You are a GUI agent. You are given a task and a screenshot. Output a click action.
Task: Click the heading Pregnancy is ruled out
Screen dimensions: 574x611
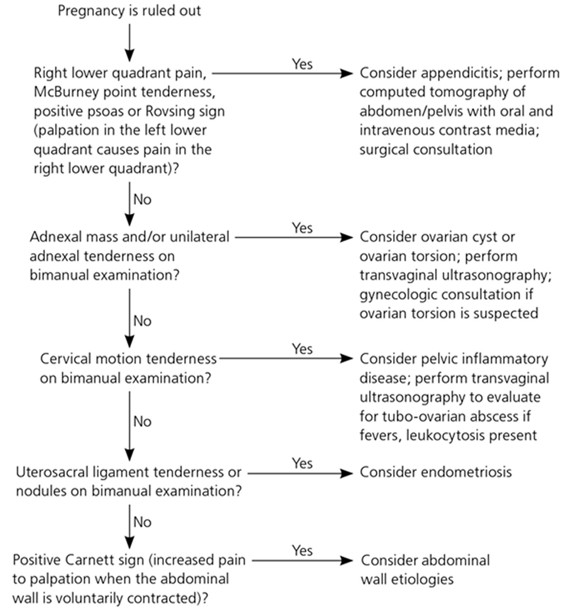[x=129, y=11]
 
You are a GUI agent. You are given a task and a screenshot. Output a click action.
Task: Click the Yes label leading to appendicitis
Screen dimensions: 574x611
[x=302, y=64]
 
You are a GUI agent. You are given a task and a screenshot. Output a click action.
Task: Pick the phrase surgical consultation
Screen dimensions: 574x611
[x=426, y=149]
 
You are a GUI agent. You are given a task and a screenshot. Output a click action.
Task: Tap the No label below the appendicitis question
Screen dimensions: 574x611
[x=142, y=200]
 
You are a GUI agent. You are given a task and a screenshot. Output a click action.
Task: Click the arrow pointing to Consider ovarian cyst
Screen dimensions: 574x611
[x=294, y=237]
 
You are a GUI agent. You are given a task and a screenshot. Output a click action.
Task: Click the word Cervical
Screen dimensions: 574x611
[x=65, y=359]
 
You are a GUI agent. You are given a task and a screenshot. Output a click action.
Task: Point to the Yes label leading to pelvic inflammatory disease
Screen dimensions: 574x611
[x=302, y=349]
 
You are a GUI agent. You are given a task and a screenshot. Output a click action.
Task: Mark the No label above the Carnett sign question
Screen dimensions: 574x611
[x=142, y=522]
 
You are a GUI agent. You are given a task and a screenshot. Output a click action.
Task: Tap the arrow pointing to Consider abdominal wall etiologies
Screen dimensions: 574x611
[x=302, y=561]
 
